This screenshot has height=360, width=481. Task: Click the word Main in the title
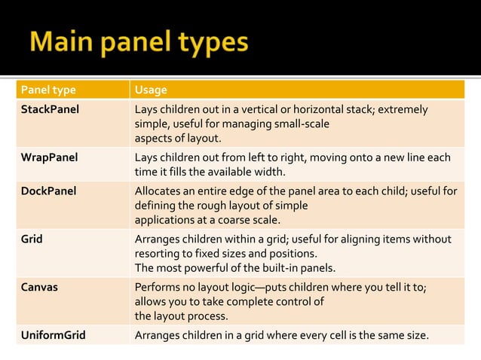66,42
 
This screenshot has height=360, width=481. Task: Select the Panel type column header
48,90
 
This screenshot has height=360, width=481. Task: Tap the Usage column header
151,90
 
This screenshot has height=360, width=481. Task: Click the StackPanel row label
50,110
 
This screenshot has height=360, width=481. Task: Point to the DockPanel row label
48,191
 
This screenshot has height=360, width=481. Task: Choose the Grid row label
32,239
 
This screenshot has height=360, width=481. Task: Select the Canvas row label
38,287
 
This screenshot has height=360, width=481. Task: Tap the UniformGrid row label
52,335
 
